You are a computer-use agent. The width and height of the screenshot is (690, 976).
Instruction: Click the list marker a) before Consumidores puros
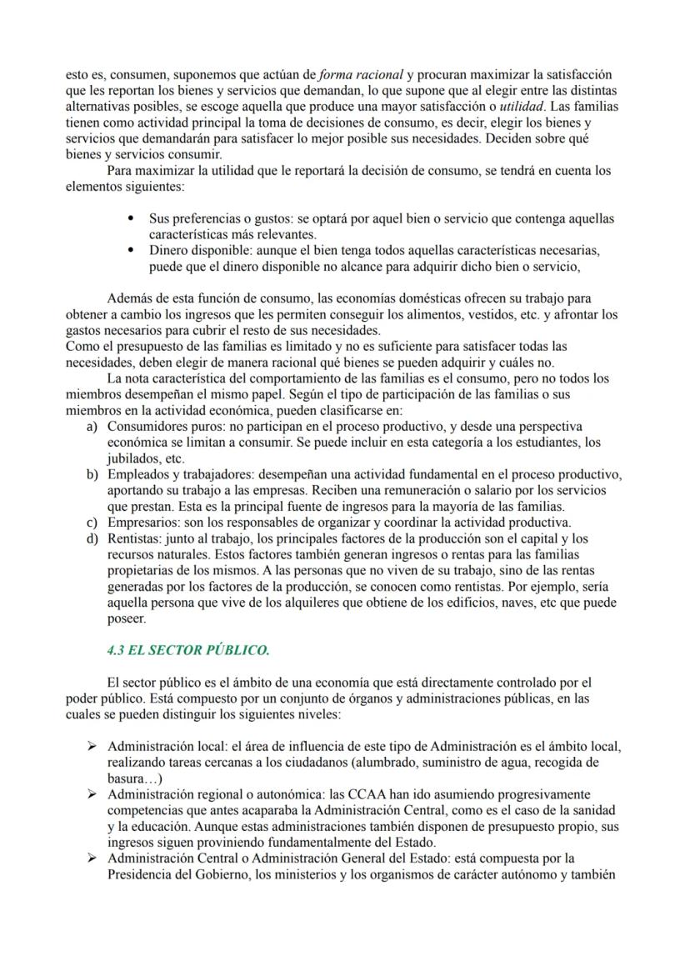point(92,426)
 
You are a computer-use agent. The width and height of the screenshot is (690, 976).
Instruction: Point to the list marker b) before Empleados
point(92,474)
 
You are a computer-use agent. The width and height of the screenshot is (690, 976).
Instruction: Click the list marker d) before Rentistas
point(92,538)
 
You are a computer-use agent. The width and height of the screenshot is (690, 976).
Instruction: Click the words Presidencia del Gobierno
point(181,873)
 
